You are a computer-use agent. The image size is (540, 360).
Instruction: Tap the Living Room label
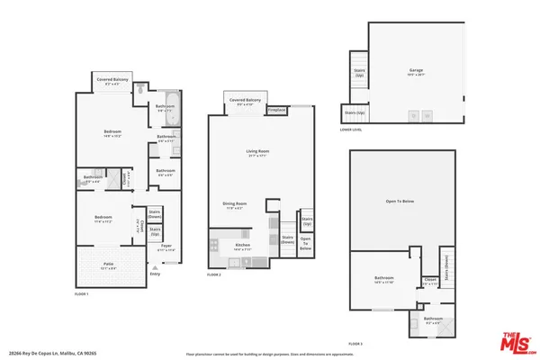pyautogui.click(x=259, y=152)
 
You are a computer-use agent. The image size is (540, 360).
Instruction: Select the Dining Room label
pyautogui.click(x=235, y=204)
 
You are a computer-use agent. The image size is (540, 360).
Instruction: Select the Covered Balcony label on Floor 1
pyautogui.click(x=113, y=81)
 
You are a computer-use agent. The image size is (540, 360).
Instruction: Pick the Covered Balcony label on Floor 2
pyautogui.click(x=245, y=100)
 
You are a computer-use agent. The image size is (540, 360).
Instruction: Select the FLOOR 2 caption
pyautogui.click(x=214, y=274)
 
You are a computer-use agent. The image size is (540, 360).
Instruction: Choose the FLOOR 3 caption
pyautogui.click(x=356, y=343)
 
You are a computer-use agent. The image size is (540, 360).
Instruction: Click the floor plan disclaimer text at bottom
pyautogui.click(x=270, y=355)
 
